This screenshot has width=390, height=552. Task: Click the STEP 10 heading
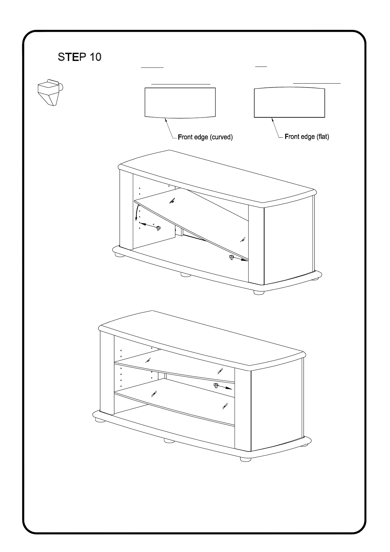coord(80,57)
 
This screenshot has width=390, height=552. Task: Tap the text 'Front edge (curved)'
coord(205,137)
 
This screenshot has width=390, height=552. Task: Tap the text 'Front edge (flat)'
coord(307,137)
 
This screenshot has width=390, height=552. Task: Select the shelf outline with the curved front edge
coord(180,102)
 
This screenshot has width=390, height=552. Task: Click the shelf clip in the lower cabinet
coord(216,385)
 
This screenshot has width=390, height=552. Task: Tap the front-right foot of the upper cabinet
coord(259,292)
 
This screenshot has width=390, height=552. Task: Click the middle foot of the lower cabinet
coord(169,441)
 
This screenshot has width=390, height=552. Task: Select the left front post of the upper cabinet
coord(126,210)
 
